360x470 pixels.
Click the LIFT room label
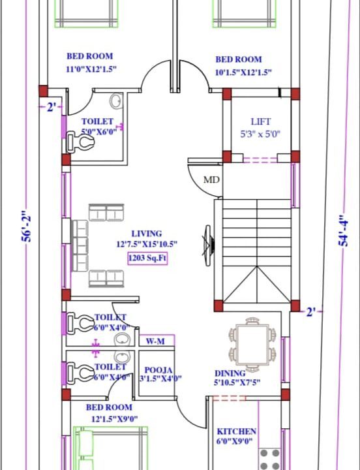[261, 121]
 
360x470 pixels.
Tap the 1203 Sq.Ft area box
[147, 258]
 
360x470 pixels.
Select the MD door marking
[211, 180]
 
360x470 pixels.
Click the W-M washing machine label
[155, 341]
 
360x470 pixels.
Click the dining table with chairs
[252, 345]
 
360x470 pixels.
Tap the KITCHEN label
[237, 431]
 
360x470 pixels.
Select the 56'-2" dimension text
[26, 225]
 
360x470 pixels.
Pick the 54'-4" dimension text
[344, 229]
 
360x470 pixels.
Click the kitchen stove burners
[269, 459]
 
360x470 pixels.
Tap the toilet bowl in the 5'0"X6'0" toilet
[80, 141]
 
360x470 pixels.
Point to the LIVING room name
[147, 234]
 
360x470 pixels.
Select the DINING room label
[230, 373]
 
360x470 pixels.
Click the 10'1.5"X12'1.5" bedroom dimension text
[243, 72]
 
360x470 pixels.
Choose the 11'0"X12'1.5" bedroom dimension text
[91, 69]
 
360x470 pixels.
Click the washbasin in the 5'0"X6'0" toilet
[116, 101]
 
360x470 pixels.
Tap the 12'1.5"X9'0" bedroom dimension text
[114, 418]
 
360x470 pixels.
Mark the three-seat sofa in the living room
[81, 246]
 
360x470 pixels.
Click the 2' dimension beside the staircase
[311, 312]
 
